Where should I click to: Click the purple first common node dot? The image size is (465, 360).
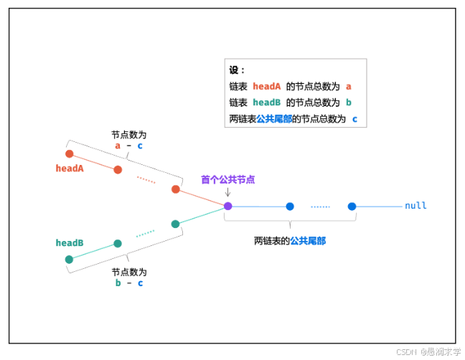pyautogui.click(x=228, y=206)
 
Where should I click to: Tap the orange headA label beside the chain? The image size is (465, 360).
pyautogui.click(x=70, y=168)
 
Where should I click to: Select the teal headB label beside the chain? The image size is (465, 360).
pyautogui.click(x=70, y=243)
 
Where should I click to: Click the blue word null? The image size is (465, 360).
pyautogui.click(x=415, y=206)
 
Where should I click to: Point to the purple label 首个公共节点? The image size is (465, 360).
pyautogui.click(x=228, y=180)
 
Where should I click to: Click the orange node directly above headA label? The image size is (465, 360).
pyautogui.click(x=70, y=153)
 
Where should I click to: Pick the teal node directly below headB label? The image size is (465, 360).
pyautogui.click(x=69, y=260)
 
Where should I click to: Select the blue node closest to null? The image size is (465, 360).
pyautogui.click(x=352, y=207)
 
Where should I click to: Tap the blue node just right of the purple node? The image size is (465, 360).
pyautogui.click(x=290, y=207)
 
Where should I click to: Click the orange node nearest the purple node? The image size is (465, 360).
pyautogui.click(x=175, y=189)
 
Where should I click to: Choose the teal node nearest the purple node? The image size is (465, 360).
pyautogui.click(x=175, y=224)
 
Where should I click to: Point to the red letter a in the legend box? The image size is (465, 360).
pyautogui.click(x=348, y=86)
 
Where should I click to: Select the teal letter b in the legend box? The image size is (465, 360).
pyautogui.click(x=348, y=102)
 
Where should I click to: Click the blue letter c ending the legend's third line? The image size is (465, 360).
pyautogui.click(x=354, y=118)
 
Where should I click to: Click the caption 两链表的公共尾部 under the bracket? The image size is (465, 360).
pyautogui.click(x=290, y=241)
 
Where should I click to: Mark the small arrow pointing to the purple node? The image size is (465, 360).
pyautogui.click(x=228, y=193)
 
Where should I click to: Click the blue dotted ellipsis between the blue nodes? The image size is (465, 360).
pyautogui.click(x=320, y=207)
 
